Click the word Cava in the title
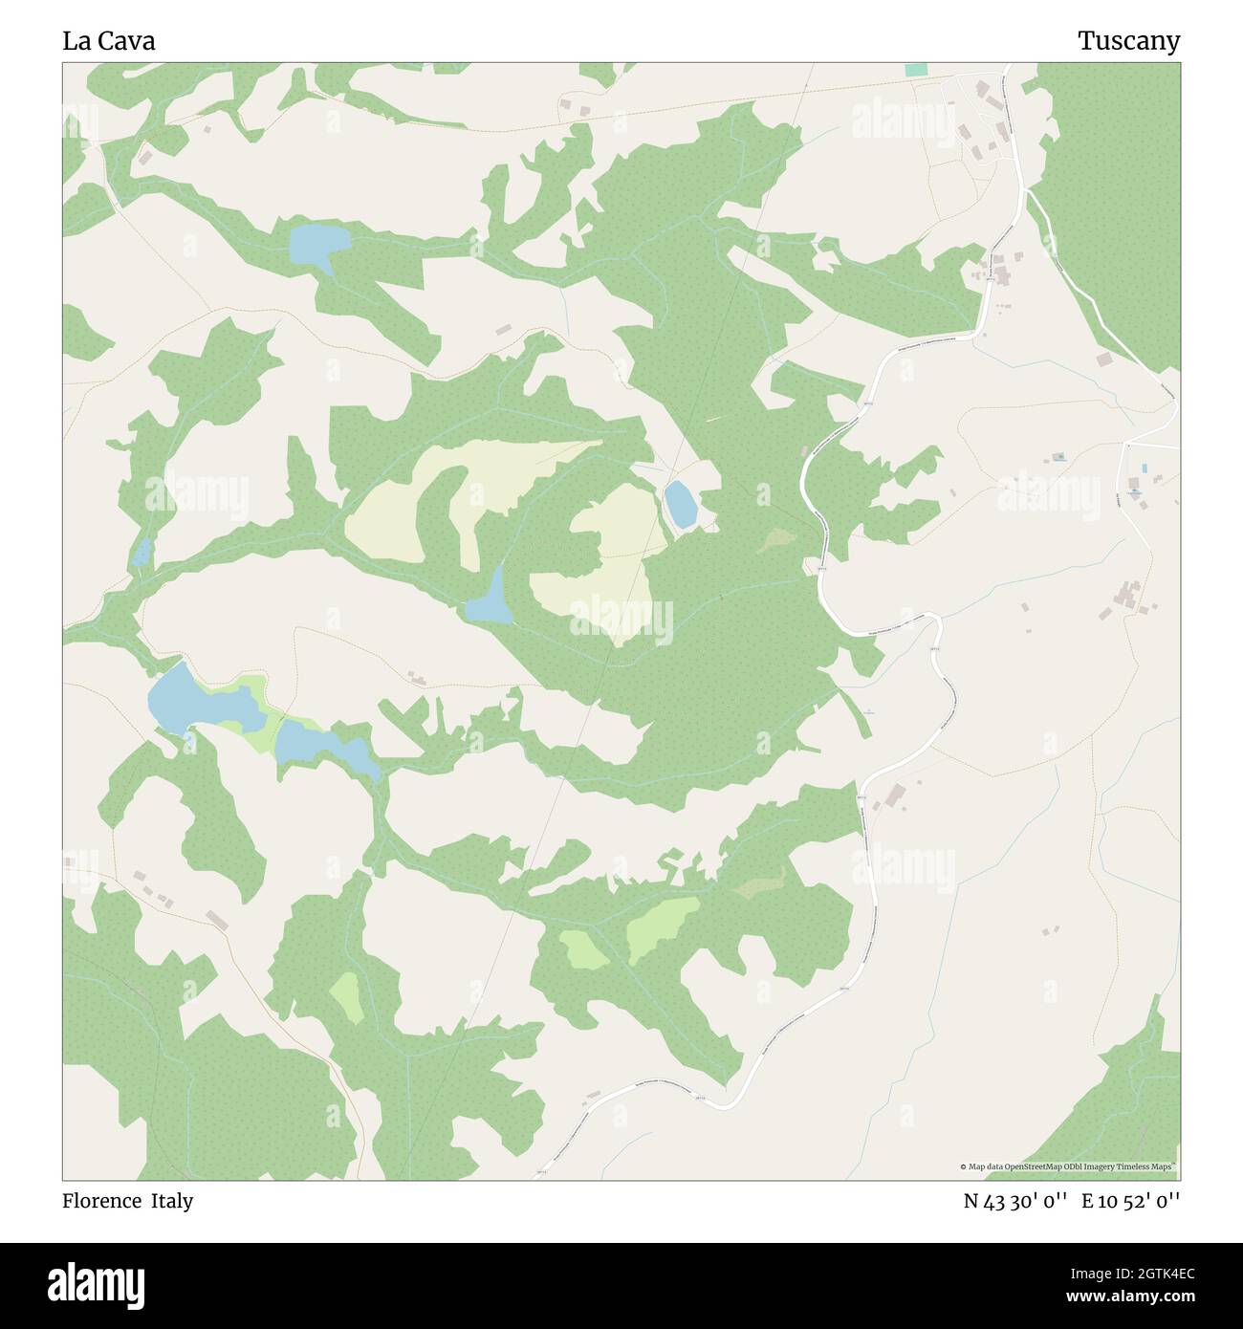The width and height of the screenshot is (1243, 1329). coord(125,41)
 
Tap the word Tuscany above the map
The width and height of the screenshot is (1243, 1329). coord(1128,41)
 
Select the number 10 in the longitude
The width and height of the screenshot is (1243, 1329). coord(1106,1201)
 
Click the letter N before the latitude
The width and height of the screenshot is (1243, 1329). coord(971,1201)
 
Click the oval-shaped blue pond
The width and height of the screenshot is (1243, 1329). coord(681,503)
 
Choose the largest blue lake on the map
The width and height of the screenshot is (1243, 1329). coord(201,702)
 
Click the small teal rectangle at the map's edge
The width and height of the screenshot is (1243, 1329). coord(915,70)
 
